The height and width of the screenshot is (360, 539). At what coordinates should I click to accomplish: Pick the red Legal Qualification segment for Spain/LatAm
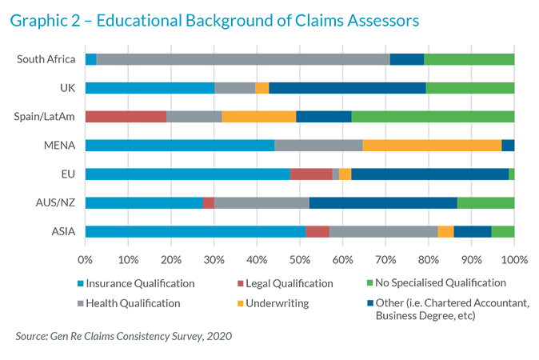point(126,116)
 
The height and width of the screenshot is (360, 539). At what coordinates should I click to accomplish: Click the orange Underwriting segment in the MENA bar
point(432,145)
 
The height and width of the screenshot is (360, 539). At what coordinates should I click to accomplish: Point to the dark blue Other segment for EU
point(429,174)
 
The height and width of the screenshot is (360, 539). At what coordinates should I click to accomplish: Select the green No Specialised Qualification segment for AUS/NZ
point(485,202)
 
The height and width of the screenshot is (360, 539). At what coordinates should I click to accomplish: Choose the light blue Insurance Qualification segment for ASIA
point(195,231)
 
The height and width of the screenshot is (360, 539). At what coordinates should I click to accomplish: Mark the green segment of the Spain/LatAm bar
point(433,116)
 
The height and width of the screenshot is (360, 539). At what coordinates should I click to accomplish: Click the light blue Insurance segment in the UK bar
point(150,88)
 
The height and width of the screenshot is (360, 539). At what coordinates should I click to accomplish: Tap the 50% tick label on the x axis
point(300,260)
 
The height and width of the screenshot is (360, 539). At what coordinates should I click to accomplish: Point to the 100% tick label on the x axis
point(513,260)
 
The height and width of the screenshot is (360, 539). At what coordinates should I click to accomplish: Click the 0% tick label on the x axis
point(86,260)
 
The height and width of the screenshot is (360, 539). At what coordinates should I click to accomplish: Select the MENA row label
point(60,145)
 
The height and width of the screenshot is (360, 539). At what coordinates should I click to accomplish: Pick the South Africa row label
point(47,59)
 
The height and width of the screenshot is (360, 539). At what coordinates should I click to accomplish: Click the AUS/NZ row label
point(55,202)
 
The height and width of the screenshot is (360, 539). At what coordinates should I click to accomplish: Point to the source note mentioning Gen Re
point(124,336)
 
